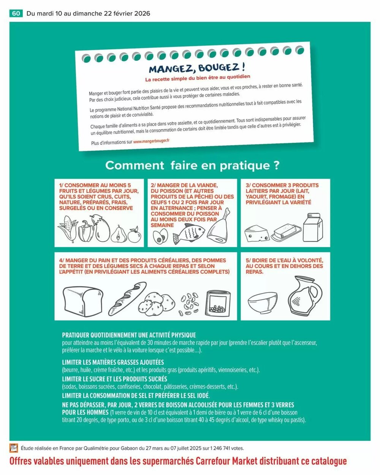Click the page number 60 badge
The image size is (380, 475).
(16, 13)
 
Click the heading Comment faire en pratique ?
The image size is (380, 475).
(192, 165)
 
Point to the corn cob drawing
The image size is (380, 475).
(68, 229)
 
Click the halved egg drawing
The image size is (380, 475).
(158, 237)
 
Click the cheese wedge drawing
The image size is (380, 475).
(257, 233)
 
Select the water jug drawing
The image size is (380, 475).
(304, 296)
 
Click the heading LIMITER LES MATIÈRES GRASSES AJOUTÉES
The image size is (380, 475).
(113, 362)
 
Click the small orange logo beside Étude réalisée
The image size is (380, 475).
(14, 448)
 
